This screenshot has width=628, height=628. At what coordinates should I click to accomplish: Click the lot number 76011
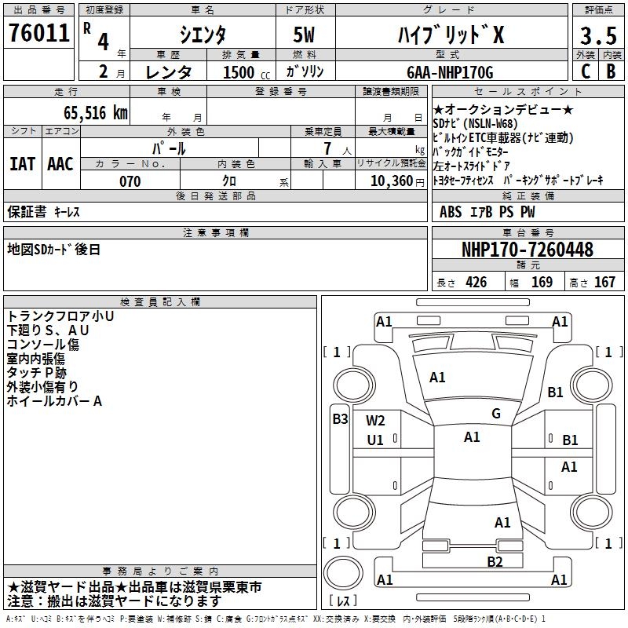(x=39, y=32)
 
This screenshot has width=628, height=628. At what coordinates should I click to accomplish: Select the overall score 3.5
(x=598, y=35)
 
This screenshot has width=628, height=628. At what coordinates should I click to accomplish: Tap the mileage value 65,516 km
(x=96, y=113)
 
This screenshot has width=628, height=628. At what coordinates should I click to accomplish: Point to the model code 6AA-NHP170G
(x=450, y=72)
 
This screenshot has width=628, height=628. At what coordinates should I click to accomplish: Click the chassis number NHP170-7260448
(x=528, y=249)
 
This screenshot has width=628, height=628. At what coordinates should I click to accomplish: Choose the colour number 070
(x=130, y=181)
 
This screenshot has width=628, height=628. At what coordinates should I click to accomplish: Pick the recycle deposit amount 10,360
(x=392, y=181)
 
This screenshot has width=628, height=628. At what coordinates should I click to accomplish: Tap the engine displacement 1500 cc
(x=246, y=72)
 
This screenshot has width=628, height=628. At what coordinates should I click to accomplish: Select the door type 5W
(x=304, y=35)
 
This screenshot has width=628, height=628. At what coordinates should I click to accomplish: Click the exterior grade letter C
(x=586, y=71)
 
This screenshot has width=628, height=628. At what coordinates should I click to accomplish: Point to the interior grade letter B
(x=612, y=71)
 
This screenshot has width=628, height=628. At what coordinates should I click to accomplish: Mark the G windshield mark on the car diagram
(x=496, y=414)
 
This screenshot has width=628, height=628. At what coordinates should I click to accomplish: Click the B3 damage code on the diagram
(x=341, y=419)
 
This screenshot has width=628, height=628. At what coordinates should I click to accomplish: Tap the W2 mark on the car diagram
(x=375, y=421)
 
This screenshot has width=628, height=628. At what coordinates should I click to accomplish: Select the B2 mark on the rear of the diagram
(x=495, y=562)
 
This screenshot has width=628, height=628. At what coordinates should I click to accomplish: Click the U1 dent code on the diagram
(x=375, y=440)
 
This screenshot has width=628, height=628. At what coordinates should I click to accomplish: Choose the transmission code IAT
(x=22, y=164)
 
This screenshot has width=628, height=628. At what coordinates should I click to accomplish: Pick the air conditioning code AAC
(x=60, y=164)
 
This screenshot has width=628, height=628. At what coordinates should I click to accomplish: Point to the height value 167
(x=604, y=282)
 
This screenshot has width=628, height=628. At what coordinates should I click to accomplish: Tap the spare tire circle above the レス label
(x=343, y=574)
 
